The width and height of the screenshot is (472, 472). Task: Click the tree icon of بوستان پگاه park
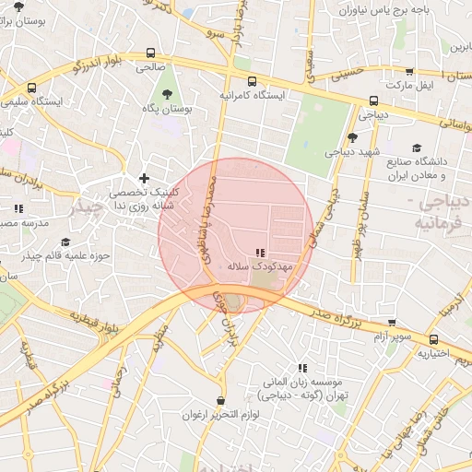coord(167,94)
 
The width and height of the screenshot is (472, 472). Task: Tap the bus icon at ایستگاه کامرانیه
coord(252,80)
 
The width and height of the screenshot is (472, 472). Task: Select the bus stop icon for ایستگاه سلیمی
coord(32,88)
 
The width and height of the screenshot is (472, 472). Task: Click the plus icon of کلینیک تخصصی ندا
coord(143,178)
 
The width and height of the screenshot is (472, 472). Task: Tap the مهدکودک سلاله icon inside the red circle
coord(260,252)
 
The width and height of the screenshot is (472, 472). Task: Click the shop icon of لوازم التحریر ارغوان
coord(219,401)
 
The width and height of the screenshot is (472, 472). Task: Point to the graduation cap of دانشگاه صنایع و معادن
coord(416,147)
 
